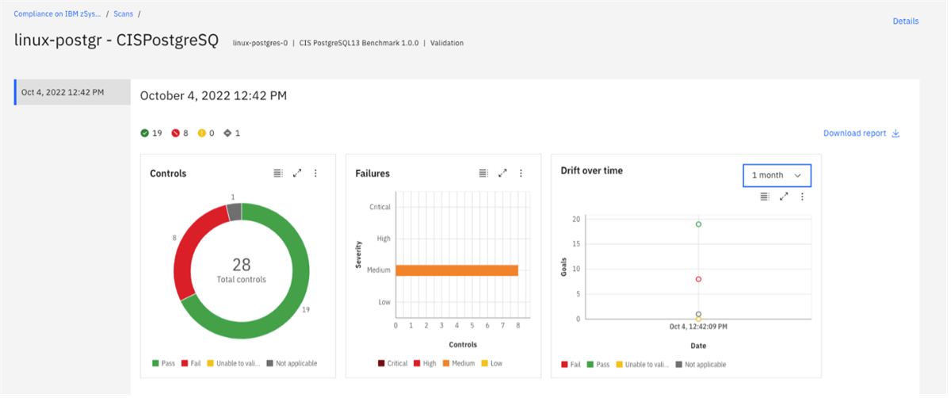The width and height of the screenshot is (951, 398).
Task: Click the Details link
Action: pyautogui.click(x=905, y=21)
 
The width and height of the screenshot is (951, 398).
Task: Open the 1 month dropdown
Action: pyautogui.click(x=777, y=175)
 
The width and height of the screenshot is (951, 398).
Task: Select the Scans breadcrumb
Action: pyautogui.click(x=123, y=14)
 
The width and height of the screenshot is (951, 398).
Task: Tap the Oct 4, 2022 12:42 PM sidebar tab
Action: pyautogui.click(x=72, y=92)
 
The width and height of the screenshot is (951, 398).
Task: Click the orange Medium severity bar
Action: pyautogui.click(x=456, y=270)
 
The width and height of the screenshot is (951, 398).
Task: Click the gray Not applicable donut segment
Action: pyautogui.click(x=234, y=212)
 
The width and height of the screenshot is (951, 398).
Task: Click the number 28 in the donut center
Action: pyautogui.click(x=242, y=265)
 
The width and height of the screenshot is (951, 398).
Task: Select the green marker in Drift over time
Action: pyautogui.click(x=698, y=224)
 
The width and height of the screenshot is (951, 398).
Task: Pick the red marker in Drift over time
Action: pyautogui.click(x=698, y=279)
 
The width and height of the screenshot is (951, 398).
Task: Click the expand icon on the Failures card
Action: pyautogui.click(x=502, y=174)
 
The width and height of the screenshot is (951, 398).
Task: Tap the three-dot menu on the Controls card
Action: pyautogui.click(x=315, y=174)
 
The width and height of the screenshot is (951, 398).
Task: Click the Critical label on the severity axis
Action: pyautogui.click(x=380, y=207)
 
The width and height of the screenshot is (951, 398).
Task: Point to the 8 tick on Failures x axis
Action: pyautogui.click(x=518, y=326)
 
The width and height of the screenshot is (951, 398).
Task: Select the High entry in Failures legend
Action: pyautogui.click(x=424, y=364)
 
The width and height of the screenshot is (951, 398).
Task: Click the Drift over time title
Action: pyautogui.click(x=591, y=171)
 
